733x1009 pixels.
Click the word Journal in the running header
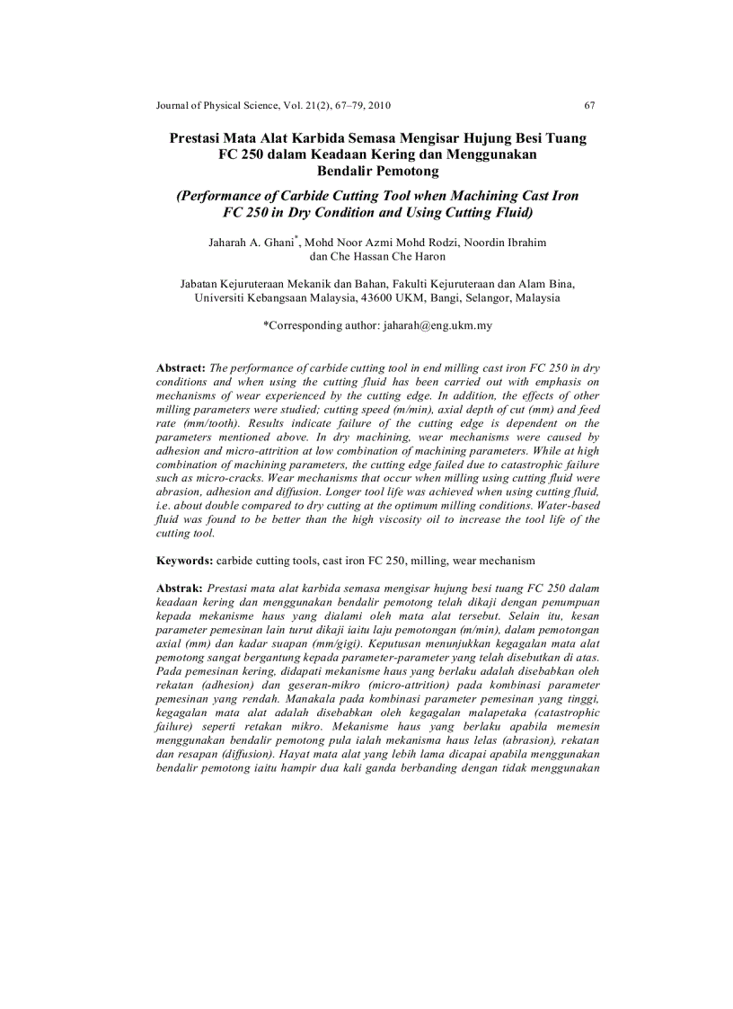coord(174,105)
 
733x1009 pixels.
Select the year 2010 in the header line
coord(377,105)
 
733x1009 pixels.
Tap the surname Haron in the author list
coord(428,256)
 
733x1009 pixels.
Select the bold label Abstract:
coord(181,368)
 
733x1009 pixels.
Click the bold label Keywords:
coord(185,560)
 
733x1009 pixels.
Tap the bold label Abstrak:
coord(181,587)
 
